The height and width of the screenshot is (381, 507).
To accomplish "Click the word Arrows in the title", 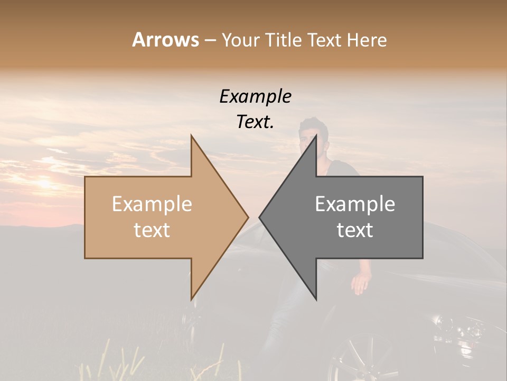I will [165, 40].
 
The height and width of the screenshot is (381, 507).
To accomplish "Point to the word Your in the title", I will [240, 40].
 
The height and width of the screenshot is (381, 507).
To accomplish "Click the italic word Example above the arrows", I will [256, 97].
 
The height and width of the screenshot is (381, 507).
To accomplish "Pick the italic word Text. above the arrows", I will [256, 122].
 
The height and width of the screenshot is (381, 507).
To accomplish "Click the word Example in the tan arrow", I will [152, 204].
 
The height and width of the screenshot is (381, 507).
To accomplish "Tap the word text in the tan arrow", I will [152, 230].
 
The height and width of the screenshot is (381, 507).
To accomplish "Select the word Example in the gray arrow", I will [355, 204].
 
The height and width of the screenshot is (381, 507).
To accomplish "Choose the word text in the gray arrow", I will [355, 230].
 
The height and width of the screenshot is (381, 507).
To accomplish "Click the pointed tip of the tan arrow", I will [248, 217].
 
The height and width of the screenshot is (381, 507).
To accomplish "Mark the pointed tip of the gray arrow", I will [260, 217].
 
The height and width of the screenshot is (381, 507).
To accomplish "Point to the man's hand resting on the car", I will [361, 284].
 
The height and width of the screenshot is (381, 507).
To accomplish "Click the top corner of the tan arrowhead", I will [191, 136].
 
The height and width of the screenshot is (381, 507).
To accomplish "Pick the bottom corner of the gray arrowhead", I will [316, 299].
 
